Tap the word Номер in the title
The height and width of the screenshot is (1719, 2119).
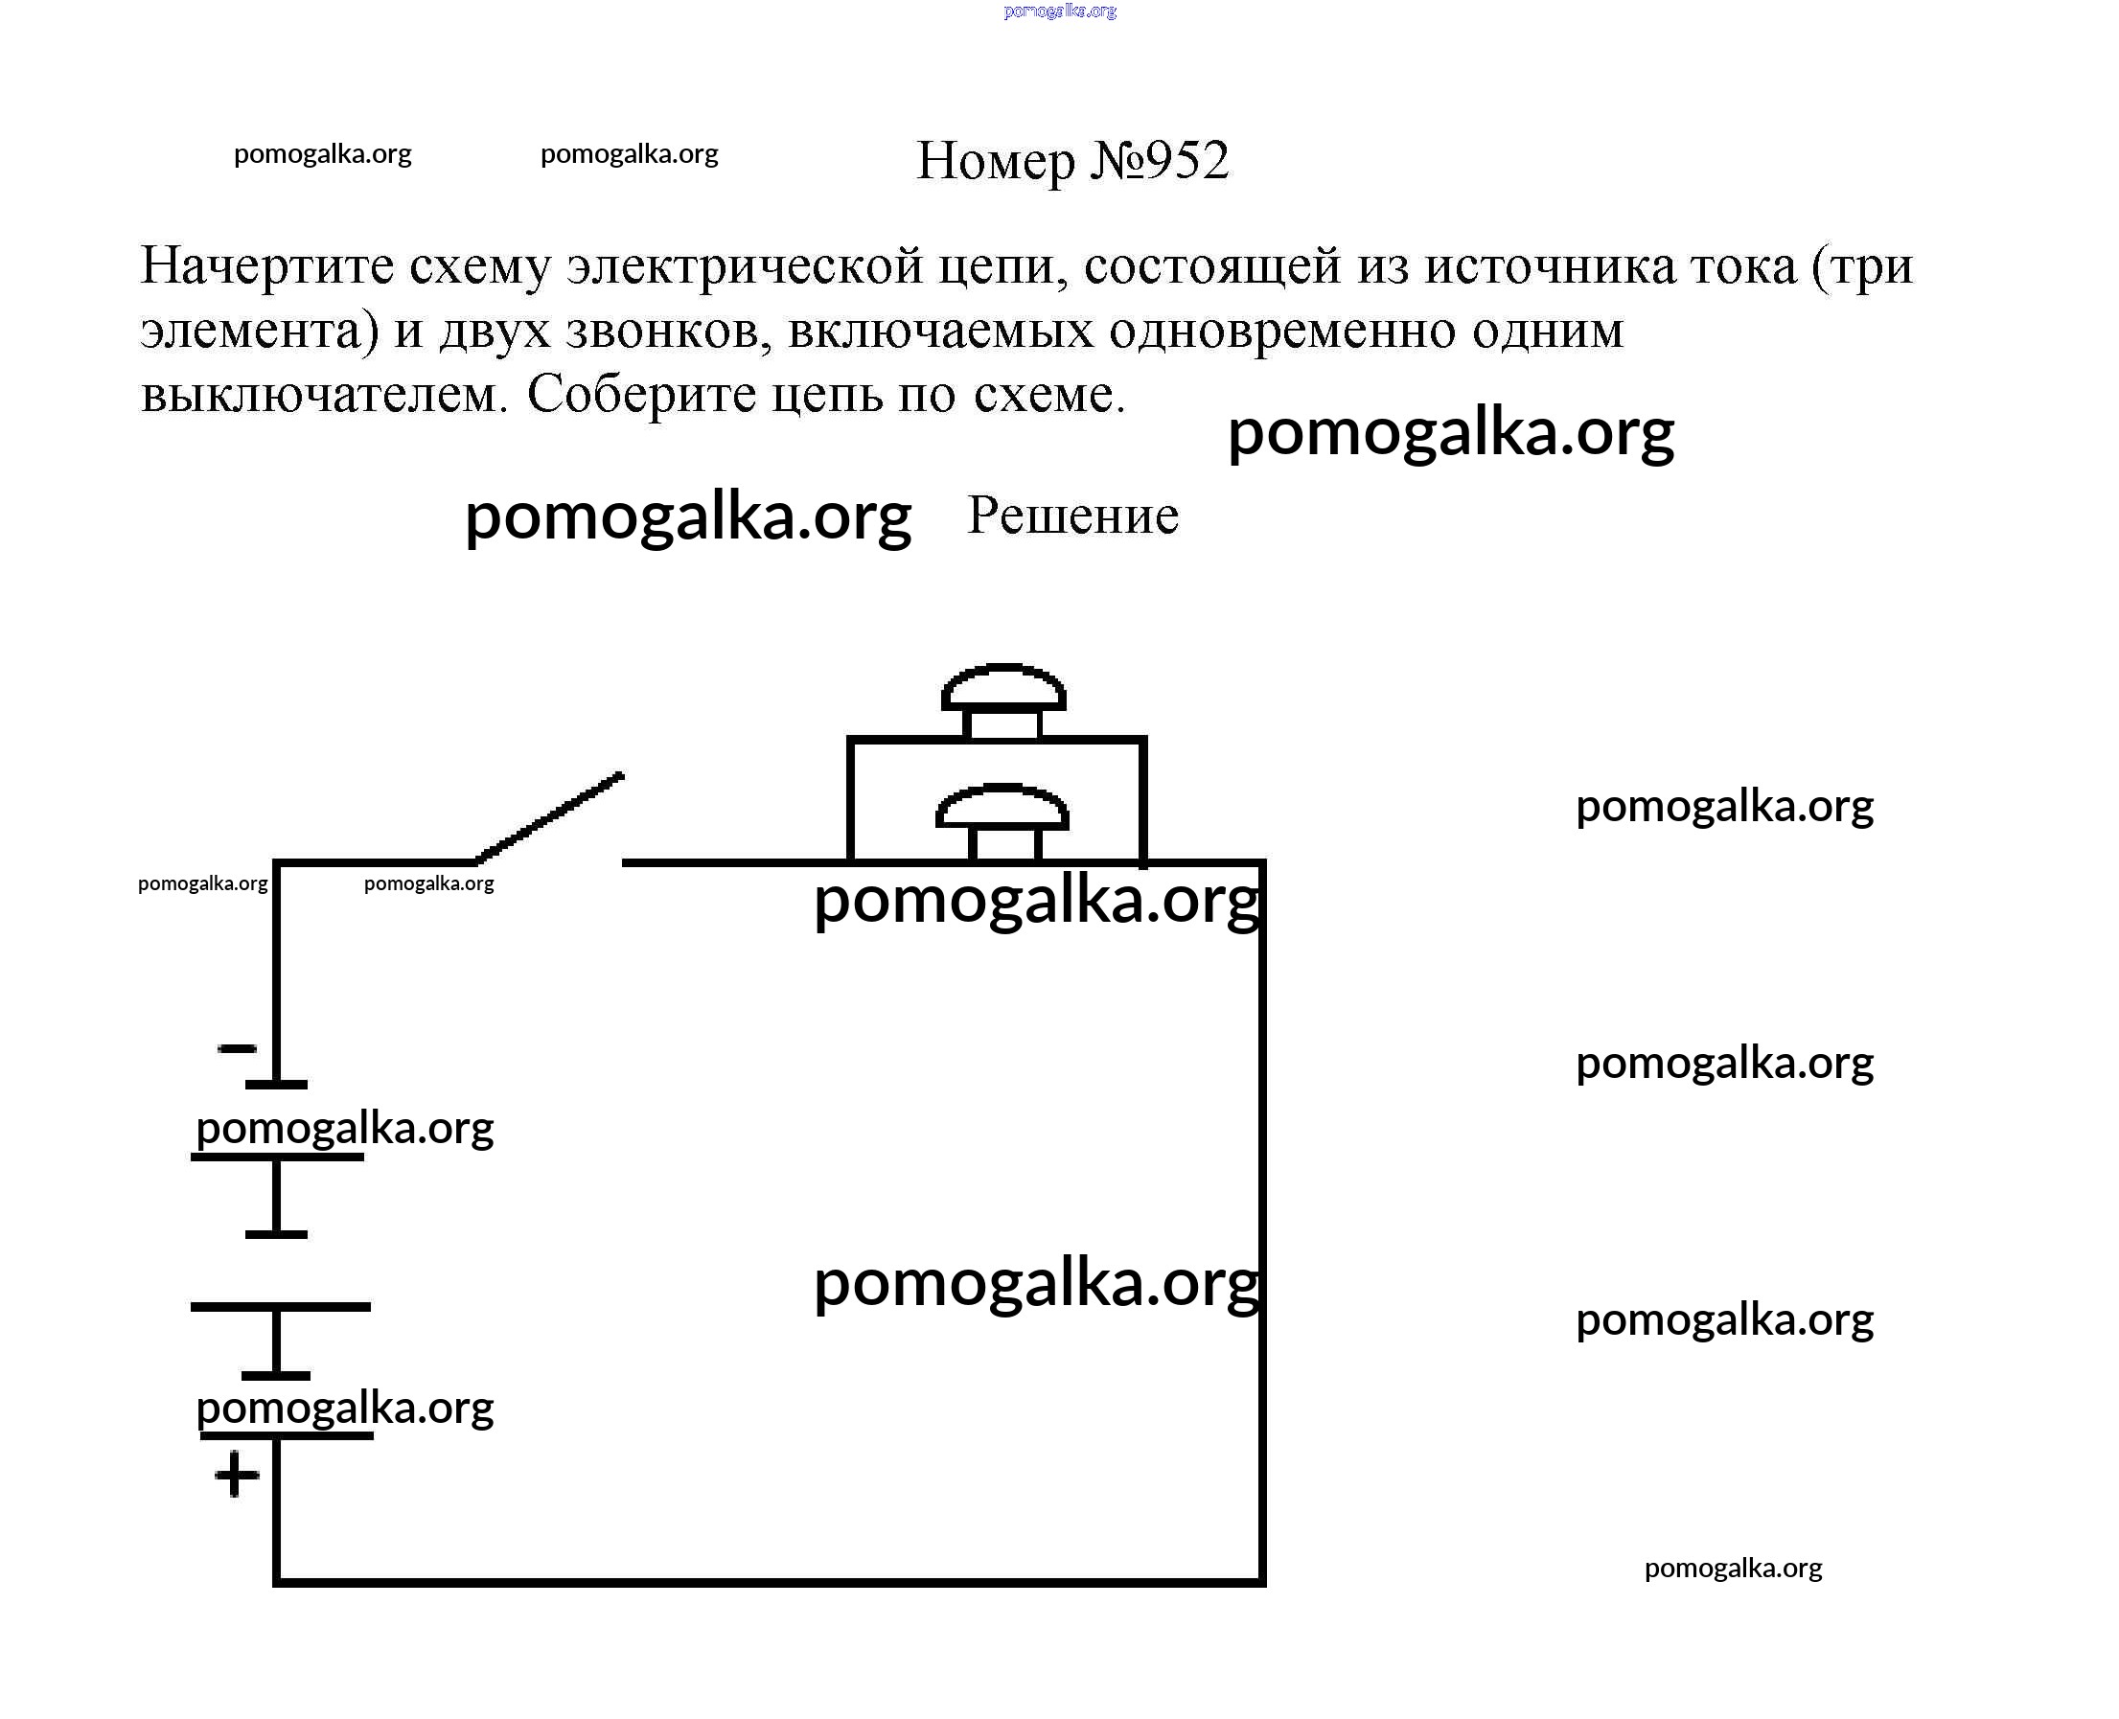coord(994,160)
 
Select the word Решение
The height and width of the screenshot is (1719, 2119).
coord(1072,515)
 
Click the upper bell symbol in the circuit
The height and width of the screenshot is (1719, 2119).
coord(1003,699)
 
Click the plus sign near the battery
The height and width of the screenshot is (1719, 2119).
coord(237,1477)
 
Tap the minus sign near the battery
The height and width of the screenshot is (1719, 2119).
coord(237,1048)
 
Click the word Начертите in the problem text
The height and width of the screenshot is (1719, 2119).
coord(267,265)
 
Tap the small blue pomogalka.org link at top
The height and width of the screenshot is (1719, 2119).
coord(1060,11)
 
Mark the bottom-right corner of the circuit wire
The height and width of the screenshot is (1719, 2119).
coord(1262,1581)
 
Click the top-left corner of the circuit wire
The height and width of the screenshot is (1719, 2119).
coord(277,863)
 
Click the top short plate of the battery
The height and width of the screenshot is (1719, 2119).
coord(276,1085)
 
